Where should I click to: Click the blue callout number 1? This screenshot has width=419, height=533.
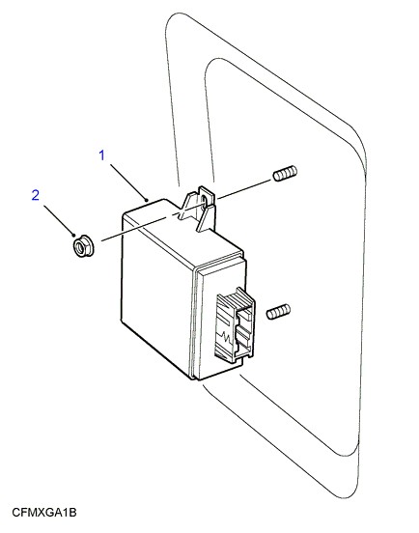tap(101, 155)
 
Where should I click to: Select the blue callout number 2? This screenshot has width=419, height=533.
tap(36, 195)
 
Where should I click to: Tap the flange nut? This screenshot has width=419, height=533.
tap(83, 245)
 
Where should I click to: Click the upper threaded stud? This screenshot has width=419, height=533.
tap(285, 173)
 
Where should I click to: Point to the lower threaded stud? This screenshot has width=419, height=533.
tap(278, 311)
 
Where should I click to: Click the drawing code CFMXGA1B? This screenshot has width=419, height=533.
tap(44, 513)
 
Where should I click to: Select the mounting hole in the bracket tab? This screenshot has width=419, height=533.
tap(205, 201)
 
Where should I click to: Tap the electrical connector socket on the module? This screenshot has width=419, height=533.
tap(236, 323)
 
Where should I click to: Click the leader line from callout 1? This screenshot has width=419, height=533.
tap(128, 182)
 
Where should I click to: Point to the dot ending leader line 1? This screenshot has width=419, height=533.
tap(147, 200)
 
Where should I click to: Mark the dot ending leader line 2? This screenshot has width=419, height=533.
tap(74, 235)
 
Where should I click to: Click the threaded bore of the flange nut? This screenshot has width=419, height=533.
tap(80, 245)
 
